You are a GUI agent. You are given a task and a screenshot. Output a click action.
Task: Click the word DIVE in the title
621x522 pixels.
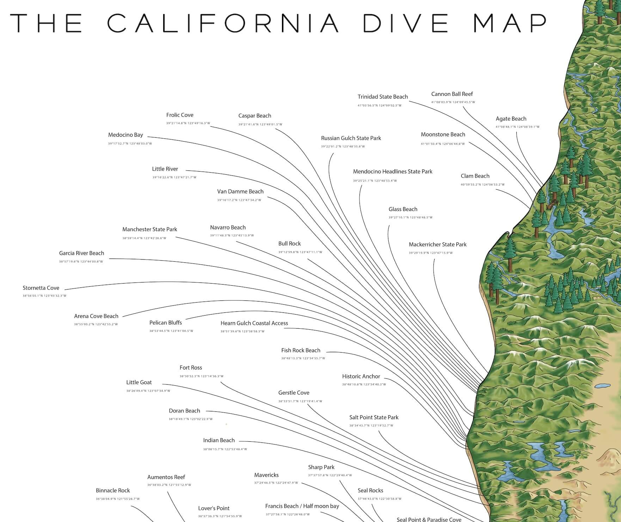click(x=405, y=23)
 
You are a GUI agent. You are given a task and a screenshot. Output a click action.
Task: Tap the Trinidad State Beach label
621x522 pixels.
click(x=382, y=97)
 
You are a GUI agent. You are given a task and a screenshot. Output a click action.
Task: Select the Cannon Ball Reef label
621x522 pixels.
click(x=452, y=94)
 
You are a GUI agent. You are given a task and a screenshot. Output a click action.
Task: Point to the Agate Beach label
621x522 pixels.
click(x=511, y=119)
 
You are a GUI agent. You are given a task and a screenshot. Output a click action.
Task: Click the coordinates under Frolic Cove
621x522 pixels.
click(x=188, y=123)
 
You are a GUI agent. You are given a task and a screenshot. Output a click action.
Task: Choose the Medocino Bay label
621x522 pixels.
click(x=125, y=135)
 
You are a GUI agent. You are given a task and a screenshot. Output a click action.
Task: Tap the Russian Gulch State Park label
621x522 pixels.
click(x=351, y=138)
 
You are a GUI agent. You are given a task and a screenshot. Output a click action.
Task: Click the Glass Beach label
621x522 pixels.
click(x=403, y=209)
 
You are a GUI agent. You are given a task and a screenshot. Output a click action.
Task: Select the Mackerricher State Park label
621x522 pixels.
click(x=437, y=244)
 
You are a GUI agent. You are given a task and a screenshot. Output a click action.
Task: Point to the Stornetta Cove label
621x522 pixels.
click(x=41, y=288)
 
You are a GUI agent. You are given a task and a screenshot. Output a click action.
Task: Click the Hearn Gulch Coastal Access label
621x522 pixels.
click(x=254, y=323)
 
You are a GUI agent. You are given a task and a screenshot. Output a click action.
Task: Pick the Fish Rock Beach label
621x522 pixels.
click(x=301, y=350)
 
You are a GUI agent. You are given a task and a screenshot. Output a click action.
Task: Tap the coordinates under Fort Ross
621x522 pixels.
click(x=201, y=376)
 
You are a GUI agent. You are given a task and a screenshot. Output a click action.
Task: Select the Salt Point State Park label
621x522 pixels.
click(x=374, y=417)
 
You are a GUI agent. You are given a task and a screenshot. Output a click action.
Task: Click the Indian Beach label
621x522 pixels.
click(x=219, y=441)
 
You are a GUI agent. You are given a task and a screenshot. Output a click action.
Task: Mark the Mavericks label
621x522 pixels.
click(x=266, y=475)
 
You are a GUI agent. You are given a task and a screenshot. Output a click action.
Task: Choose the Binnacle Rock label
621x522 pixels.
click(x=113, y=491)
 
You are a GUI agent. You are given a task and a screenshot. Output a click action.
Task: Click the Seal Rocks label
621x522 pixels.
click(x=370, y=491)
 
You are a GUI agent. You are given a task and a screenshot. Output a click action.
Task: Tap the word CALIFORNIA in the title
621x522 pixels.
click(x=223, y=23)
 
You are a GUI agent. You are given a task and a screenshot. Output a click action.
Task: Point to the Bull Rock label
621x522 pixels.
click(x=289, y=244)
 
